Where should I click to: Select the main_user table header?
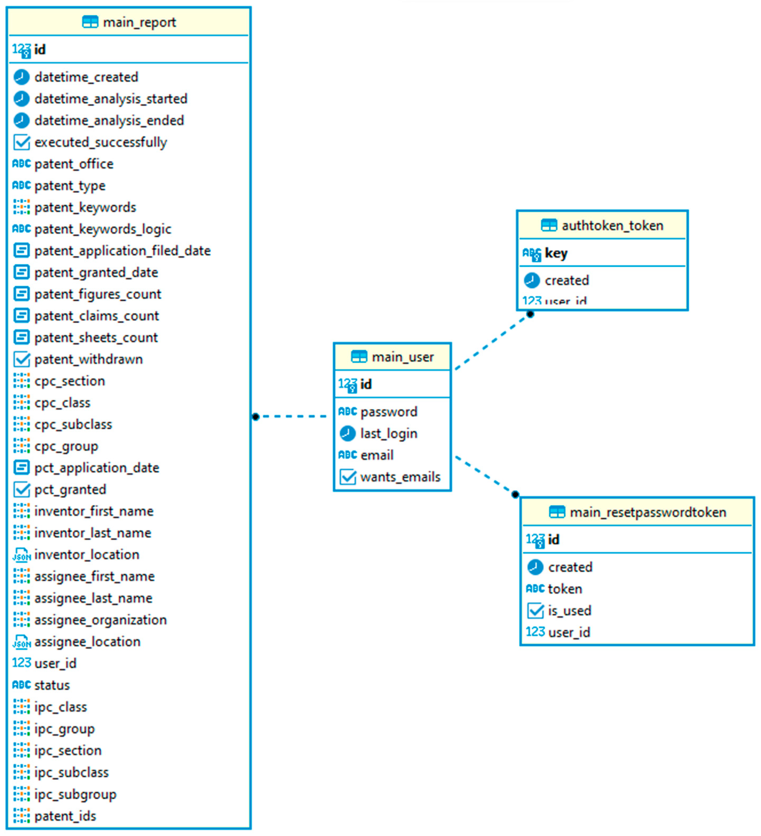tap(402, 357)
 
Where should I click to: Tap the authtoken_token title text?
tap(612, 226)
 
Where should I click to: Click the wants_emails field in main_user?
tap(400, 477)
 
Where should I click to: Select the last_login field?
tap(389, 434)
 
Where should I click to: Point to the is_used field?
tap(569, 611)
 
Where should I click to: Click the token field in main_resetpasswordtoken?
tap(565, 589)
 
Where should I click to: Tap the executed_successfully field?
tap(101, 142)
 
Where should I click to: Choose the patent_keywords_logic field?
tap(103, 229)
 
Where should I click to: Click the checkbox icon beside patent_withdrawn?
tap(21, 360)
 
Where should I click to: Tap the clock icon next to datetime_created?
tap(21, 77)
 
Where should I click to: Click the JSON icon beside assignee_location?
tap(21, 642)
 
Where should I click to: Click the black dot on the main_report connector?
tap(255, 416)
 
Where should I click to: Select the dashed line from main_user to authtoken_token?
tap(491, 342)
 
